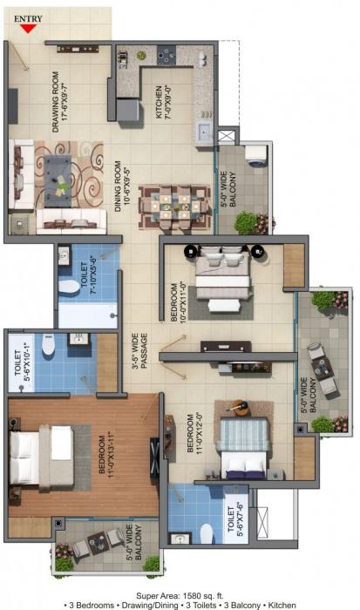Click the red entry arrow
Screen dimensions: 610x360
coord(29,28)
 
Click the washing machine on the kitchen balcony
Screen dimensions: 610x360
coord(255,155)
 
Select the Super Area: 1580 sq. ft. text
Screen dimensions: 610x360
coord(179,592)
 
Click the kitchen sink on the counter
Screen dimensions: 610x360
coord(203,132)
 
